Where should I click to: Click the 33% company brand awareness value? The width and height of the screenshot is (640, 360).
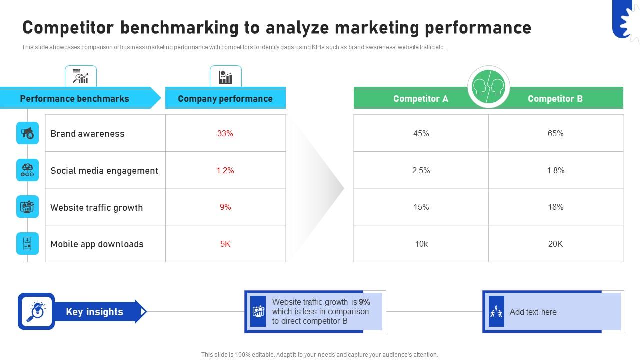[225, 133]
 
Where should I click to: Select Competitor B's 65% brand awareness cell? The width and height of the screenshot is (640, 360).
[555, 133]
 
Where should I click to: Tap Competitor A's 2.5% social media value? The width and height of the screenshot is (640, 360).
[421, 170]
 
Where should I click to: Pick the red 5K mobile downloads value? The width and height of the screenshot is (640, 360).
[225, 244]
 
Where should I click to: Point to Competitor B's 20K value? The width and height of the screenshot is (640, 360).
[555, 244]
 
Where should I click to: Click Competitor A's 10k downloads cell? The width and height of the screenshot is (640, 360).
[421, 244]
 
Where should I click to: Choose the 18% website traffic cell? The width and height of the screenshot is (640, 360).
[555, 207]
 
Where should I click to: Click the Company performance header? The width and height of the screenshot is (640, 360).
[225, 98]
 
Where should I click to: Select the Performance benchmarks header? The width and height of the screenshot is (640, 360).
[74, 98]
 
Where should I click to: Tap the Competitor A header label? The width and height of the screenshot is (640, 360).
[421, 98]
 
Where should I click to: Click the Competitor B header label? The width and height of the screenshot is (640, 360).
[555, 98]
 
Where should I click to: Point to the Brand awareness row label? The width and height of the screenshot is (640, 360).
[87, 133]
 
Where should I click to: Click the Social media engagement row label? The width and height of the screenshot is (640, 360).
[104, 170]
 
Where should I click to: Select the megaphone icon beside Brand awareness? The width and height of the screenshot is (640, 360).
[27, 133]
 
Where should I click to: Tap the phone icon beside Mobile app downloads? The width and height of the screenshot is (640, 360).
[27, 244]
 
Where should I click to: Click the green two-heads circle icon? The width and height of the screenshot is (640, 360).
[488, 87]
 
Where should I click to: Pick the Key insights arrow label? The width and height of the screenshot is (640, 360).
[94, 312]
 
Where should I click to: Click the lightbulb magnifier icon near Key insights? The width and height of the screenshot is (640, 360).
[36, 311]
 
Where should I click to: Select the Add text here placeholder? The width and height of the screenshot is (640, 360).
[533, 312]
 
